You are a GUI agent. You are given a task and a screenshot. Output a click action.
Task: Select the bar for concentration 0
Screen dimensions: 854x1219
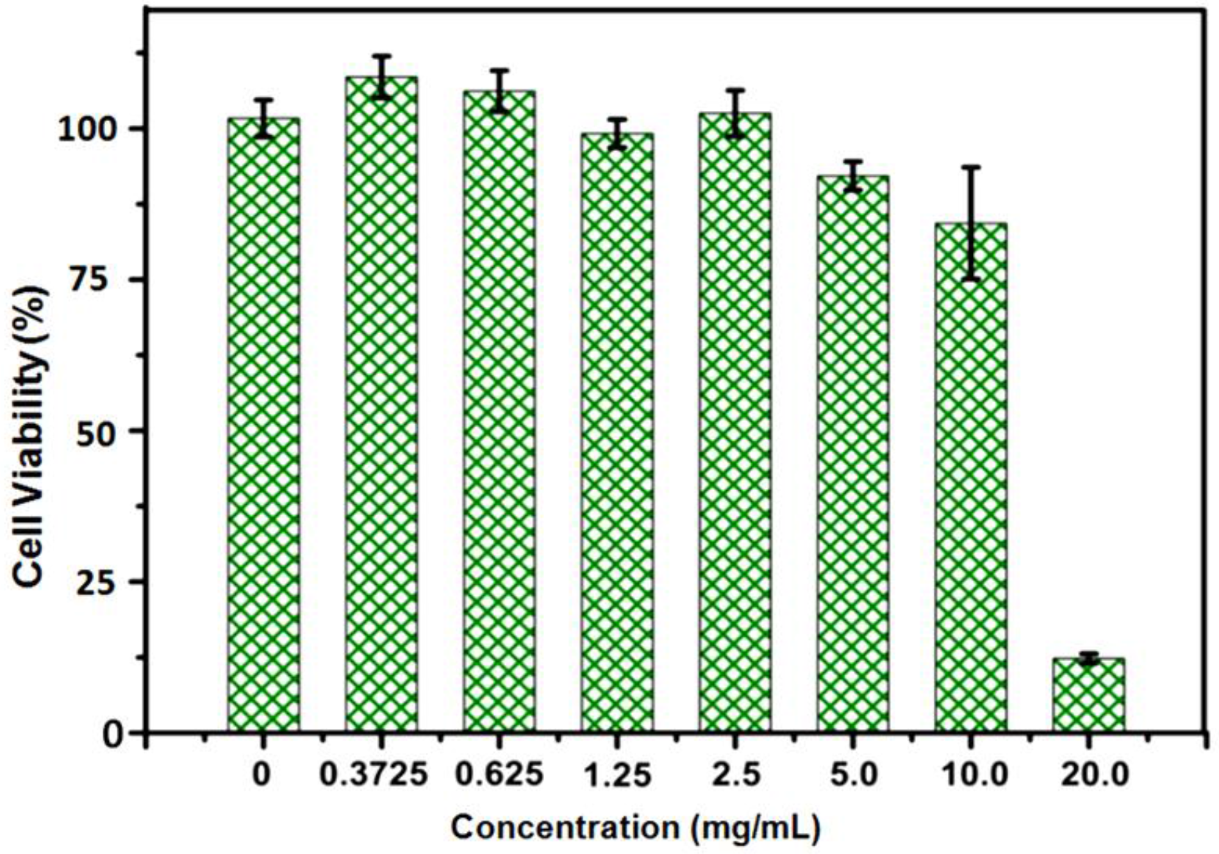coord(263,423)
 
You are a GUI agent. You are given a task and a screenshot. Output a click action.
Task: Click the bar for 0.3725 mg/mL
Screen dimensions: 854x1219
coord(381,404)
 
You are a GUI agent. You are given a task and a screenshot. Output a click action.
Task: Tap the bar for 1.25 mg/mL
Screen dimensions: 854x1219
coord(617,432)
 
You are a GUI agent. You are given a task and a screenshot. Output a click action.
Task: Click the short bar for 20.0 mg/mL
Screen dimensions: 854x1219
coord(1088,694)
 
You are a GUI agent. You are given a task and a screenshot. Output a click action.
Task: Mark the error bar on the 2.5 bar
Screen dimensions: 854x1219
coord(735,113)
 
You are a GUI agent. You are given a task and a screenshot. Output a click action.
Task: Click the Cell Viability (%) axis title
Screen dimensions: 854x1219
coord(31,436)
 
